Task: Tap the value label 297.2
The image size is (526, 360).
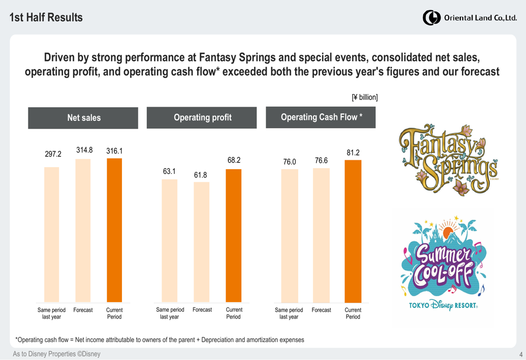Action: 53,155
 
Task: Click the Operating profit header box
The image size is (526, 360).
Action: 202,118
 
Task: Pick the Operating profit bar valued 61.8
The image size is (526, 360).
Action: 201,242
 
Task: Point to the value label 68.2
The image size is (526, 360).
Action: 234,159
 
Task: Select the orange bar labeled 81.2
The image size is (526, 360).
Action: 353,231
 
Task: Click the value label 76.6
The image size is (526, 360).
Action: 321,160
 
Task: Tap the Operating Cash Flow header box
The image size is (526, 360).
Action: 321,117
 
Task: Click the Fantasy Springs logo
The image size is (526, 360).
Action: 448,160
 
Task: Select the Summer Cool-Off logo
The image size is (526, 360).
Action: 442,265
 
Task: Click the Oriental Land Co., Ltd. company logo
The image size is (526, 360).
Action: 470,17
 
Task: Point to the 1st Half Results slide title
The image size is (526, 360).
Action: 46,17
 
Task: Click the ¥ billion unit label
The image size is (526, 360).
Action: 364,98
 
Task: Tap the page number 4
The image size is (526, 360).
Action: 520,355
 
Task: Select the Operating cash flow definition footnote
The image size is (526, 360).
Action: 159,340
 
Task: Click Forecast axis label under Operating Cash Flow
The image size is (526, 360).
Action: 321,310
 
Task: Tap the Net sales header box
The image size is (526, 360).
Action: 83,118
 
